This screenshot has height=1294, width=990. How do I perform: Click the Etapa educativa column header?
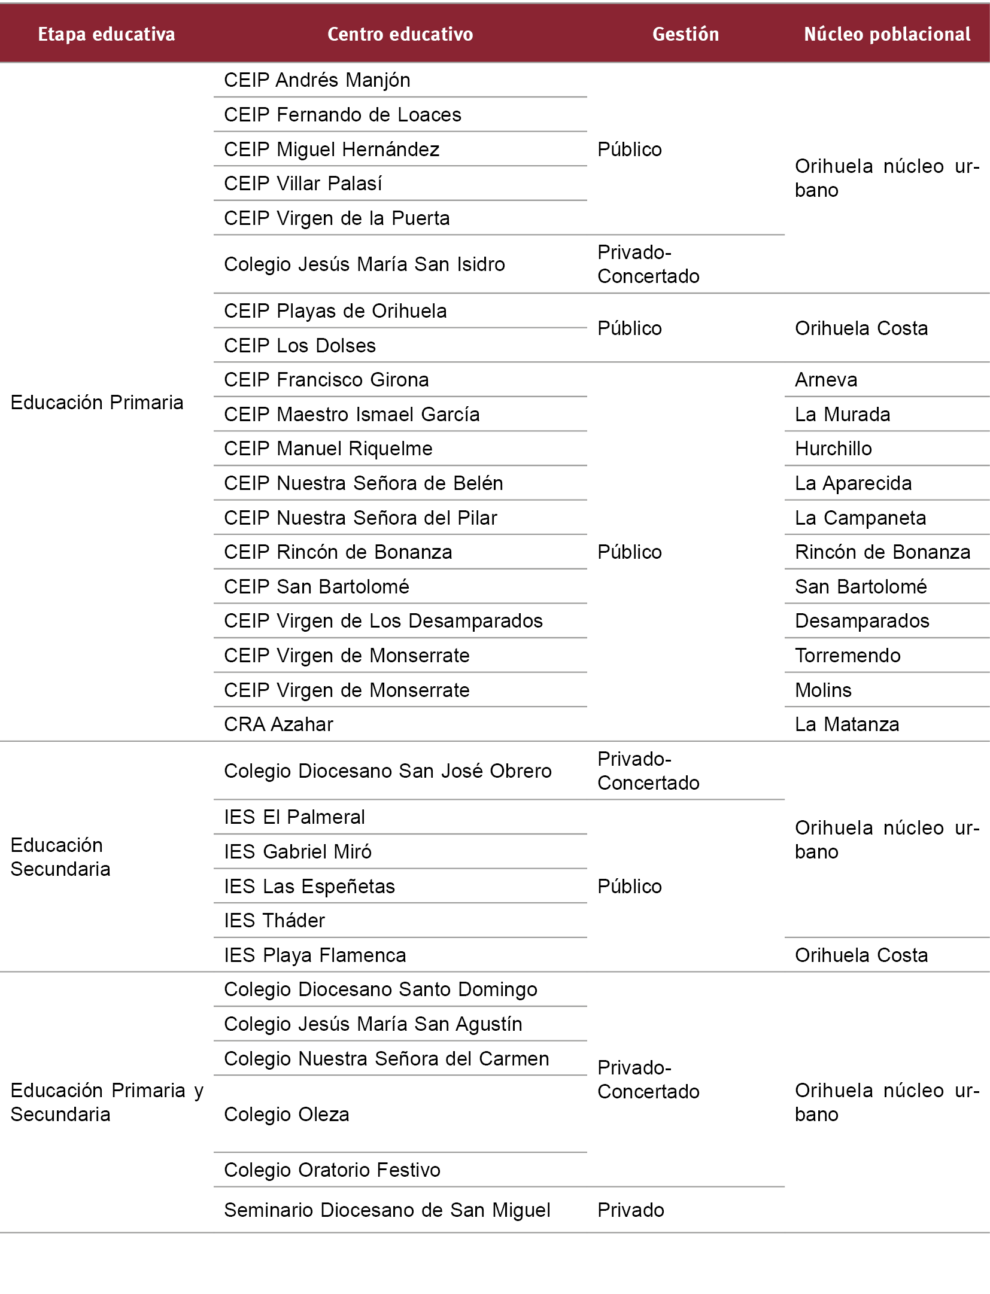[107, 34]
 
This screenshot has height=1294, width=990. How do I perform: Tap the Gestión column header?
[685, 34]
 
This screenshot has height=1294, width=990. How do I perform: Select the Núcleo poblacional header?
[887, 34]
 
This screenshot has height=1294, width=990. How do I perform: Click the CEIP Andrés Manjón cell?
[317, 80]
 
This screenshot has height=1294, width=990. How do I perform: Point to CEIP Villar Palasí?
[303, 184]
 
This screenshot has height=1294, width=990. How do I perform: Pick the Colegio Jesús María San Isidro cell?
[365, 264]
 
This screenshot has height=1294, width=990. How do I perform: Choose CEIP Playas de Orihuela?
[335, 311]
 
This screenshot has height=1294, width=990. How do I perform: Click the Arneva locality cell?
[826, 380]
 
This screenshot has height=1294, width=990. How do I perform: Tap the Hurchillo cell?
[833, 449]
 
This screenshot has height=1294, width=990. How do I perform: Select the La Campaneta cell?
[860, 518]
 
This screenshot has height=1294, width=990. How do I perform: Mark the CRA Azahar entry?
[278, 724]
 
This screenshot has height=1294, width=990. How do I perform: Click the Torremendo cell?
[848, 656]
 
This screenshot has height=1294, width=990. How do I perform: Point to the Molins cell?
[823, 690]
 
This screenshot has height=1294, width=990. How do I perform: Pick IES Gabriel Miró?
[297, 852]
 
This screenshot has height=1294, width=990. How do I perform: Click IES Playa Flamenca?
[315, 955]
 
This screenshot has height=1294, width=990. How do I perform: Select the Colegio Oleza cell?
[287, 1115]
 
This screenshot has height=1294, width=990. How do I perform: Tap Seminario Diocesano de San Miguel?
[387, 1210]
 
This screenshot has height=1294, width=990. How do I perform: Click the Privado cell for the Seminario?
[631, 1210]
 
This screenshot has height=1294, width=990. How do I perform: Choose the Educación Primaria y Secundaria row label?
[107, 1103]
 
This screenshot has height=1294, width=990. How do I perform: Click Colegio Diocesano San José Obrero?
[388, 771]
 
